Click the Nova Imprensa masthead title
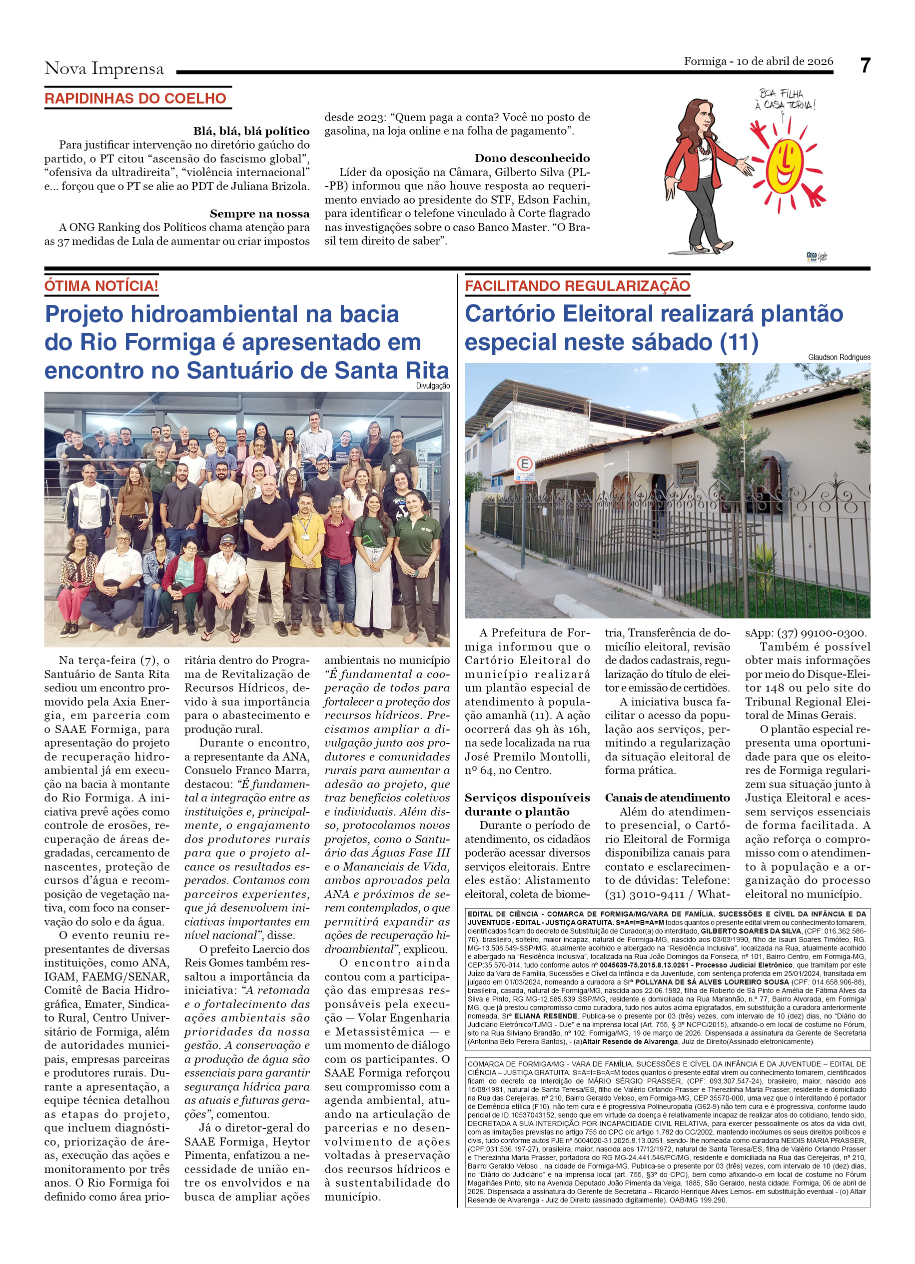click(104, 68)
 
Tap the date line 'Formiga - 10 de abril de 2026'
click(758, 61)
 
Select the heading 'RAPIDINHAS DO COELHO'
click(135, 98)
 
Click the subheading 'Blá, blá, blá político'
click(251, 131)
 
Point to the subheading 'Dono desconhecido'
click(532, 158)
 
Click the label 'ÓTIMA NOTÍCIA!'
click(101, 286)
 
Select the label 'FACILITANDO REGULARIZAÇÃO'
click(577, 286)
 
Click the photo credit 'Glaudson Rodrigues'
click(839, 357)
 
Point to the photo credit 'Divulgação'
click(433, 385)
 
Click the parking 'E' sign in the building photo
click(524, 463)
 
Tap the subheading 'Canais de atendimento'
click(667, 797)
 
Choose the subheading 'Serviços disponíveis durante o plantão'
click(527, 804)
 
